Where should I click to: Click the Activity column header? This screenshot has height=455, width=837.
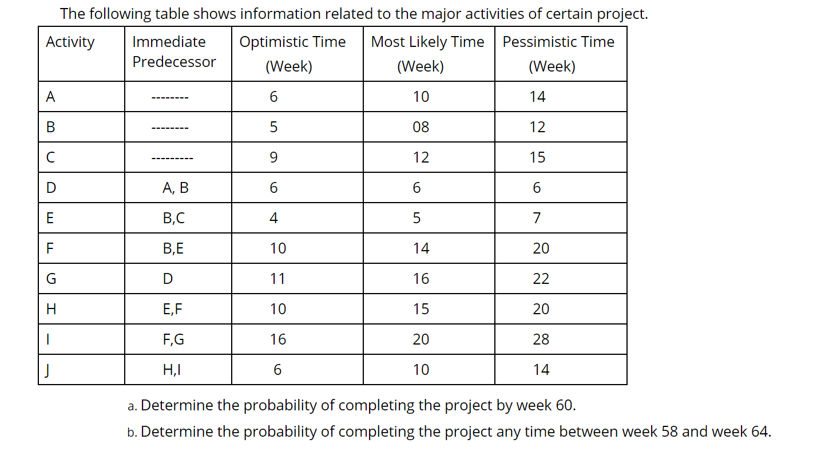click(x=70, y=42)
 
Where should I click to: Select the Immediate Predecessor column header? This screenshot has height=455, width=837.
click(x=174, y=52)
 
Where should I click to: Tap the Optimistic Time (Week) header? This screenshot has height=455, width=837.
click(x=292, y=54)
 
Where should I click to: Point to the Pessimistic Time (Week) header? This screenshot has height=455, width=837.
click(x=558, y=54)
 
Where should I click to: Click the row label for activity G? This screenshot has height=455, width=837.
click(x=51, y=279)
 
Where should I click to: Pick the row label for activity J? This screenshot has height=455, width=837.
click(x=50, y=370)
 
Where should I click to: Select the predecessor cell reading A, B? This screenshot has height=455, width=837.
click(x=175, y=188)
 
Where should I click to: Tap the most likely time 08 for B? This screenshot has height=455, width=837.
click(x=421, y=127)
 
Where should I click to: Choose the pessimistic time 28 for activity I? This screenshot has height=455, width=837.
click(x=541, y=339)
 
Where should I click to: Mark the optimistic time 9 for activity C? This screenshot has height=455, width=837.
click(x=273, y=157)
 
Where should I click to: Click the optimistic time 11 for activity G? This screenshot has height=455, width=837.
click(x=277, y=279)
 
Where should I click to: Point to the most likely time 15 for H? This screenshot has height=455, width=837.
click(x=421, y=309)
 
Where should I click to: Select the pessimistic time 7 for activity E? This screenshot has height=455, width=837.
click(x=536, y=218)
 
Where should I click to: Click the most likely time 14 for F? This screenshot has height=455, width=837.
click(x=421, y=248)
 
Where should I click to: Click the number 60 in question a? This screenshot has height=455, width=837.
click(x=564, y=406)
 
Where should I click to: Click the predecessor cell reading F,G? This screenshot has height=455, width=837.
click(x=173, y=339)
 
